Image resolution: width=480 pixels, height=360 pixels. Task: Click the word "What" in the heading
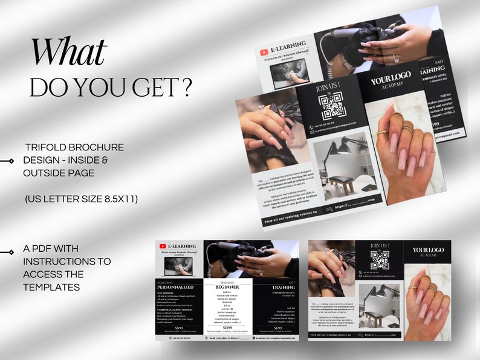(x=69, y=53)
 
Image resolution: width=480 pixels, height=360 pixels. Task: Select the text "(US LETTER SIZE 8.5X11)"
(x=81, y=198)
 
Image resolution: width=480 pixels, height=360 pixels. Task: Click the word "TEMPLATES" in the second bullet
(x=51, y=287)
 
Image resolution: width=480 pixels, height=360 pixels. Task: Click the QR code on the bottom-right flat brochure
(x=380, y=260)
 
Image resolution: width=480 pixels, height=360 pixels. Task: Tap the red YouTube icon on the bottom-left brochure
(x=162, y=246)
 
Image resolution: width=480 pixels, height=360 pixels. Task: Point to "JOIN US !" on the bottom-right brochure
(x=380, y=245)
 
